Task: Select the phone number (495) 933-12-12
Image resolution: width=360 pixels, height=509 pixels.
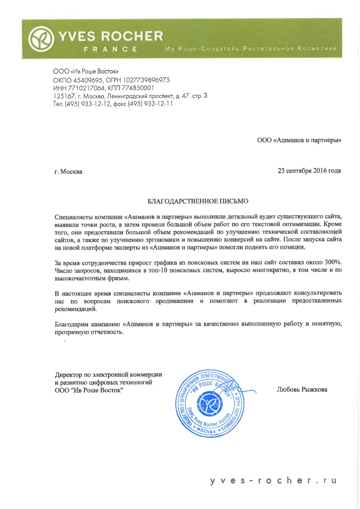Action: pyautogui.click(x=85, y=104)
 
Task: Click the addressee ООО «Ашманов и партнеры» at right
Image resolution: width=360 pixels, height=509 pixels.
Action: pyautogui.click(x=299, y=140)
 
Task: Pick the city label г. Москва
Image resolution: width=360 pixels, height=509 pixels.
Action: pyautogui.click(x=69, y=172)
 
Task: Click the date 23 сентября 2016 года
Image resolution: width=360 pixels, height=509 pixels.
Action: pyautogui.click(x=309, y=171)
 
